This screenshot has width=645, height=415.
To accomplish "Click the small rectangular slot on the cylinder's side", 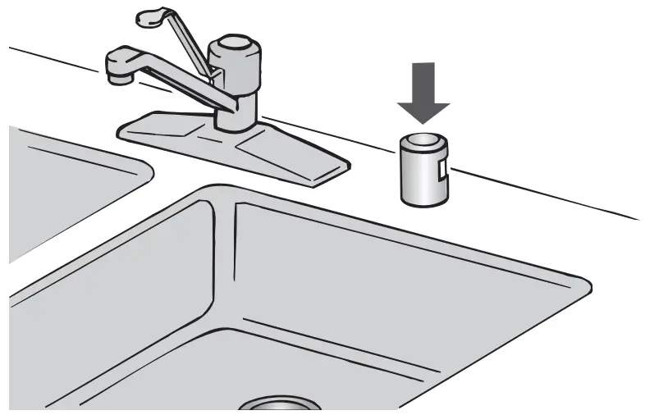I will click(x=444, y=171).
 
